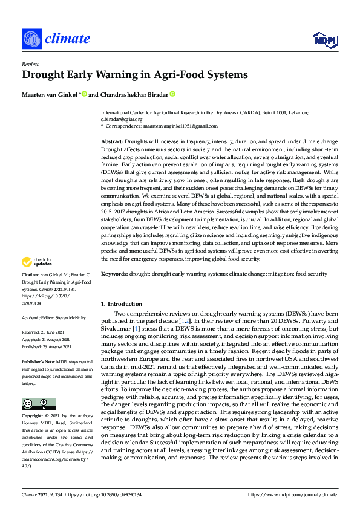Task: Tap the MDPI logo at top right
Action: pos(324,40)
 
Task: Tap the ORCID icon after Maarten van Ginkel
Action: pos(85,94)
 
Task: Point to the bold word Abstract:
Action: pos(112,140)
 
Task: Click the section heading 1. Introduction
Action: pos(122,303)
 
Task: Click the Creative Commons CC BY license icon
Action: pos(34,403)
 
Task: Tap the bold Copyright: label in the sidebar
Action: pos(33,417)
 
